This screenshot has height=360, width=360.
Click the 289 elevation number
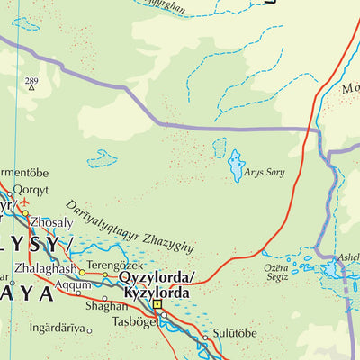(x=31, y=83)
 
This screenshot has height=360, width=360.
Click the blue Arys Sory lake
(x=236, y=164)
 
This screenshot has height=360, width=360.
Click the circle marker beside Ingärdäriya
(x=88, y=330)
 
